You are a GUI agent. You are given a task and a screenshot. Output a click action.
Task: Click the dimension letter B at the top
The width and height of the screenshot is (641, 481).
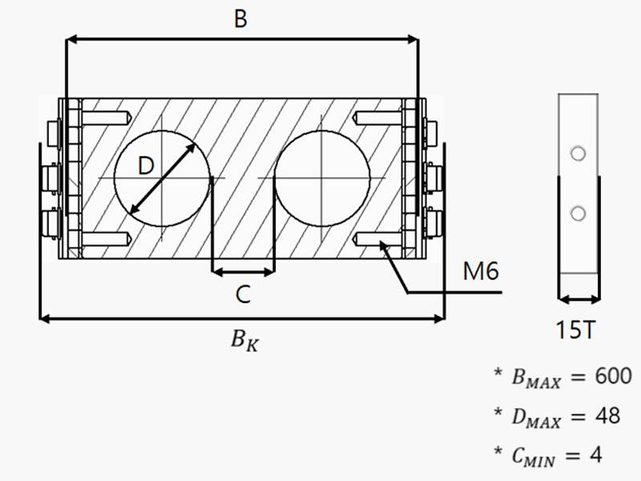240,19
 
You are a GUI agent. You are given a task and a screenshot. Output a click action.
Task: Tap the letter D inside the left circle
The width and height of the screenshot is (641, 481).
145,166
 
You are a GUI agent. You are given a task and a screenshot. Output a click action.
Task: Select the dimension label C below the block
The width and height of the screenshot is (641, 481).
244,295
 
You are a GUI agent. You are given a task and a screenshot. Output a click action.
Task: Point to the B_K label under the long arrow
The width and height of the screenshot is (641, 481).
245,340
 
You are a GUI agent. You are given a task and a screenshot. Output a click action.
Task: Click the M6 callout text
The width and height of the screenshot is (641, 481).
481,272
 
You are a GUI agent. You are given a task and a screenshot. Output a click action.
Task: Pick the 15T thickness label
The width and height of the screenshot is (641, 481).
576,329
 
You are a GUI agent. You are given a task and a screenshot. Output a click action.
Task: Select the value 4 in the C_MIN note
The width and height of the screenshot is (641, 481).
595,455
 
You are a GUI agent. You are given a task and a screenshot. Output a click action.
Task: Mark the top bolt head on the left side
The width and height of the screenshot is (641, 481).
54,130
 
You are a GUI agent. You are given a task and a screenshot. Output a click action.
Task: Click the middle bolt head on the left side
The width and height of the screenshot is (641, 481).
54,176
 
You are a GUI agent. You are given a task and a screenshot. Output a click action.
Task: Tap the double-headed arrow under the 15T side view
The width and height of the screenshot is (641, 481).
577,301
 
